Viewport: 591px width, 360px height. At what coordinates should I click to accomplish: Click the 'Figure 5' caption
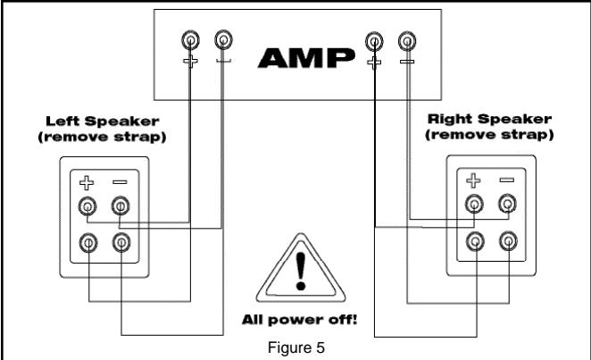296,340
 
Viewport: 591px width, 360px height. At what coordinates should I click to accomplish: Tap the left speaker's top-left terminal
87,208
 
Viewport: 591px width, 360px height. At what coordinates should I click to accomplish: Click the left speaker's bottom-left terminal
87,241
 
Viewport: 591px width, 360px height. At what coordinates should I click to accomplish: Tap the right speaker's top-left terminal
475,205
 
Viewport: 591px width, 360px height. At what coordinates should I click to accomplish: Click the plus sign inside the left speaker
87,184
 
